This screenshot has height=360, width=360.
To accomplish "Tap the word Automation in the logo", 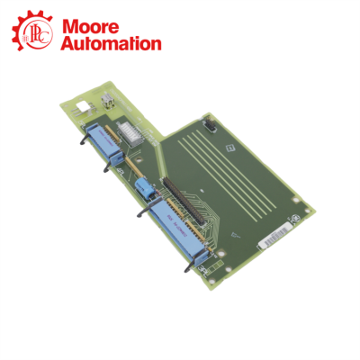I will [111, 42].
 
